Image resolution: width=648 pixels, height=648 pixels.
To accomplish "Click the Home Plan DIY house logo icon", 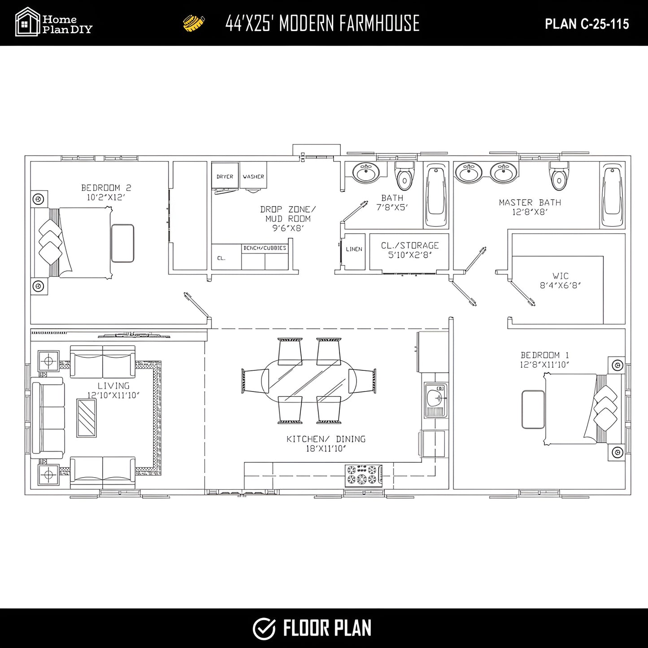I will click(27, 22).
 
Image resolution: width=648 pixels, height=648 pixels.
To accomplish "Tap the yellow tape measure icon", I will click(194, 23).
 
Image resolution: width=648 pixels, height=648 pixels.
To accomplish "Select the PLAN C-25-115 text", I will click(587, 24).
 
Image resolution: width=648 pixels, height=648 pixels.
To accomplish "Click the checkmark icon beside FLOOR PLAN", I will click(264, 628).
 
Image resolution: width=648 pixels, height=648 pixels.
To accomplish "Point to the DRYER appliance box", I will click(225, 176).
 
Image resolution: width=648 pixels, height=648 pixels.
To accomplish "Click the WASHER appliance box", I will click(253, 176).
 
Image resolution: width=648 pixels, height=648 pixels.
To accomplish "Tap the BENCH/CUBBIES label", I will click(265, 248).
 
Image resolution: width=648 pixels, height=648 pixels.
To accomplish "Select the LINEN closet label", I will click(354, 249).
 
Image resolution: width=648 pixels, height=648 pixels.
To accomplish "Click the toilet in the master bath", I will click(559, 177).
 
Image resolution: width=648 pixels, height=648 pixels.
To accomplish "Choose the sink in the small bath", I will click(366, 173).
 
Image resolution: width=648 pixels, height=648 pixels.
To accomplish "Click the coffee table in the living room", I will click(87, 418).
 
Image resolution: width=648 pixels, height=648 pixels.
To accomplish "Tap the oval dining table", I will click(309, 381).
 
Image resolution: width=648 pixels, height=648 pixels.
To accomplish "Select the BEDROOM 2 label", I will click(106, 188).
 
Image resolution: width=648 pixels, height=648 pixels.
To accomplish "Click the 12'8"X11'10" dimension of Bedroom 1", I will click(544, 365).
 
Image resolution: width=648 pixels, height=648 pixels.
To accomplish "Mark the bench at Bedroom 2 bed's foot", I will click(122, 243).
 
